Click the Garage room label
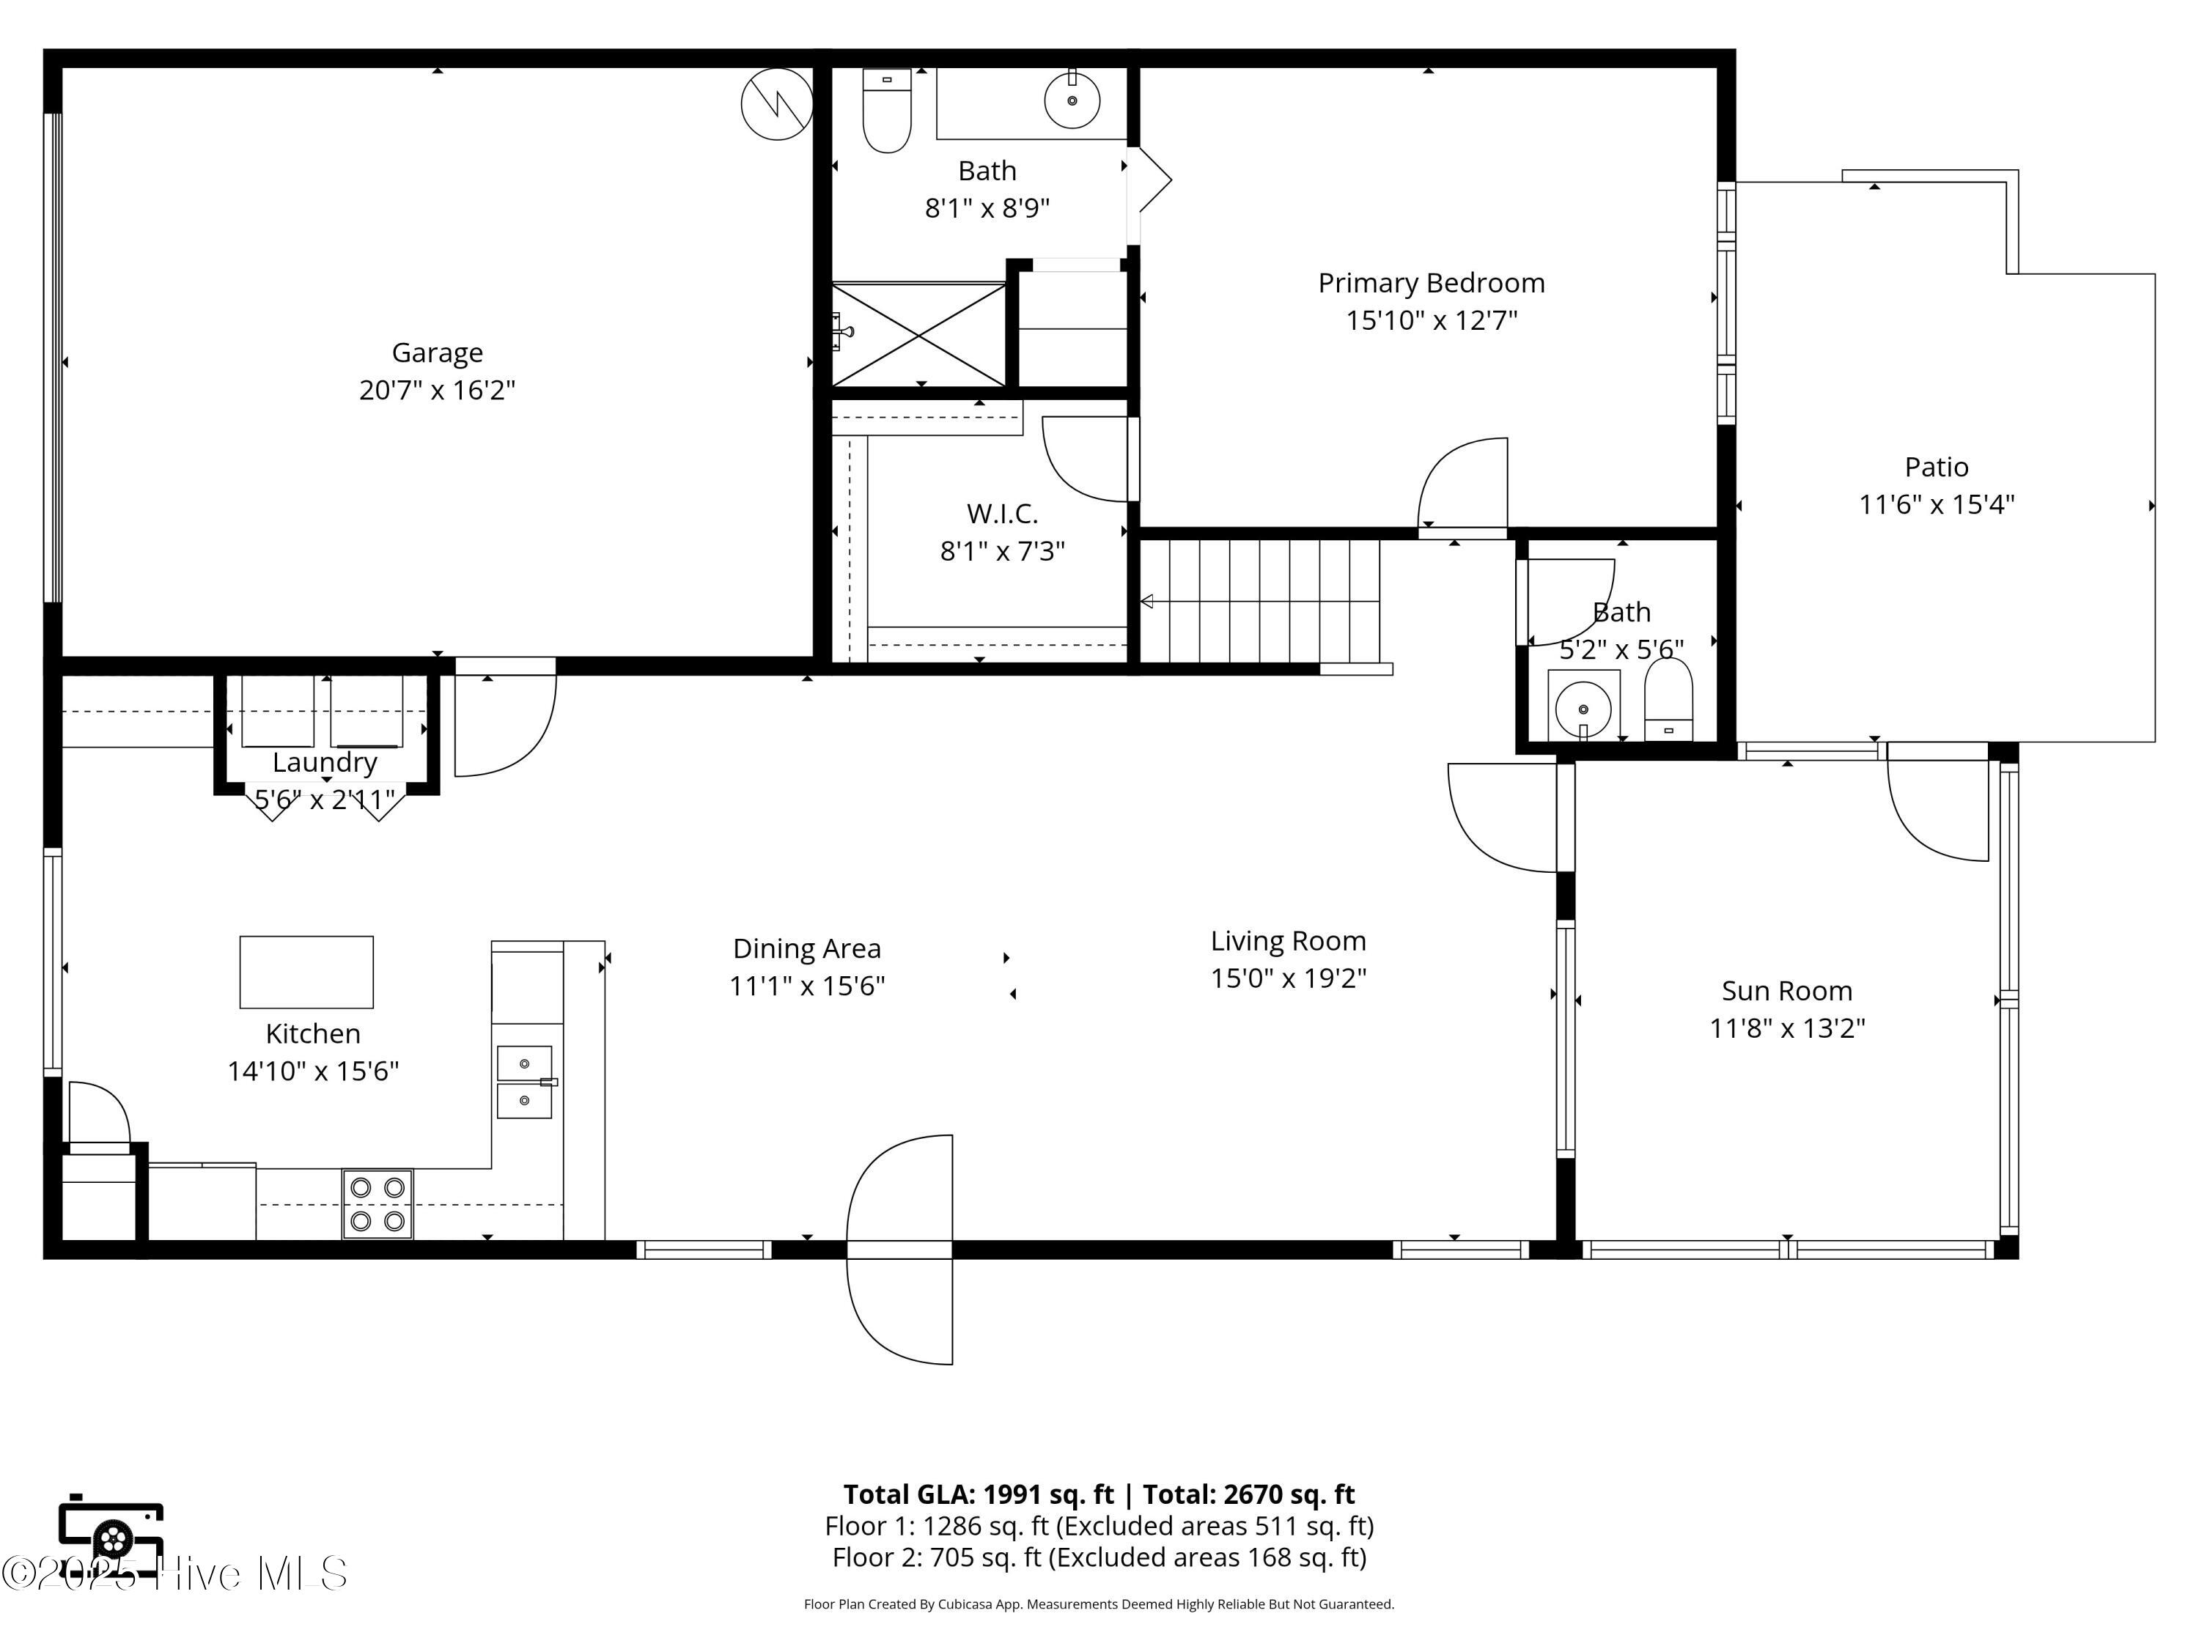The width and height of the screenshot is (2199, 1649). [438, 353]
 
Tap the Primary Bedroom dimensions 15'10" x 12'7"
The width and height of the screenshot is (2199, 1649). [1432, 320]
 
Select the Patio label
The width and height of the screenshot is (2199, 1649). [1937, 466]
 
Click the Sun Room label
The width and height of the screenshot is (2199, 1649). [1786, 991]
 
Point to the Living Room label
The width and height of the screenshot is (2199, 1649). [1289, 941]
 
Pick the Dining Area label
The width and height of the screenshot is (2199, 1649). [806, 949]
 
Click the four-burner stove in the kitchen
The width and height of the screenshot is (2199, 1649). [377, 1203]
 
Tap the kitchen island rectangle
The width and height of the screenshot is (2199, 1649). [306, 972]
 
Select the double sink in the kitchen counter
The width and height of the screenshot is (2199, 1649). [525, 1082]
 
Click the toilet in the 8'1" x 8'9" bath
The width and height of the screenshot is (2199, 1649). [887, 111]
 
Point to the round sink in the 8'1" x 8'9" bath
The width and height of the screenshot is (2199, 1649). [1072, 100]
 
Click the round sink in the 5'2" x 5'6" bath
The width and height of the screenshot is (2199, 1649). [1583, 708]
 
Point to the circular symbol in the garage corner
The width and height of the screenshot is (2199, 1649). [778, 103]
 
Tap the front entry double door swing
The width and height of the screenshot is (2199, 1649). [899, 1250]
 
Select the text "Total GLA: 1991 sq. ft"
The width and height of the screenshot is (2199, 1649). [979, 1495]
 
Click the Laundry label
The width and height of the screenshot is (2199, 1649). [325, 764]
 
